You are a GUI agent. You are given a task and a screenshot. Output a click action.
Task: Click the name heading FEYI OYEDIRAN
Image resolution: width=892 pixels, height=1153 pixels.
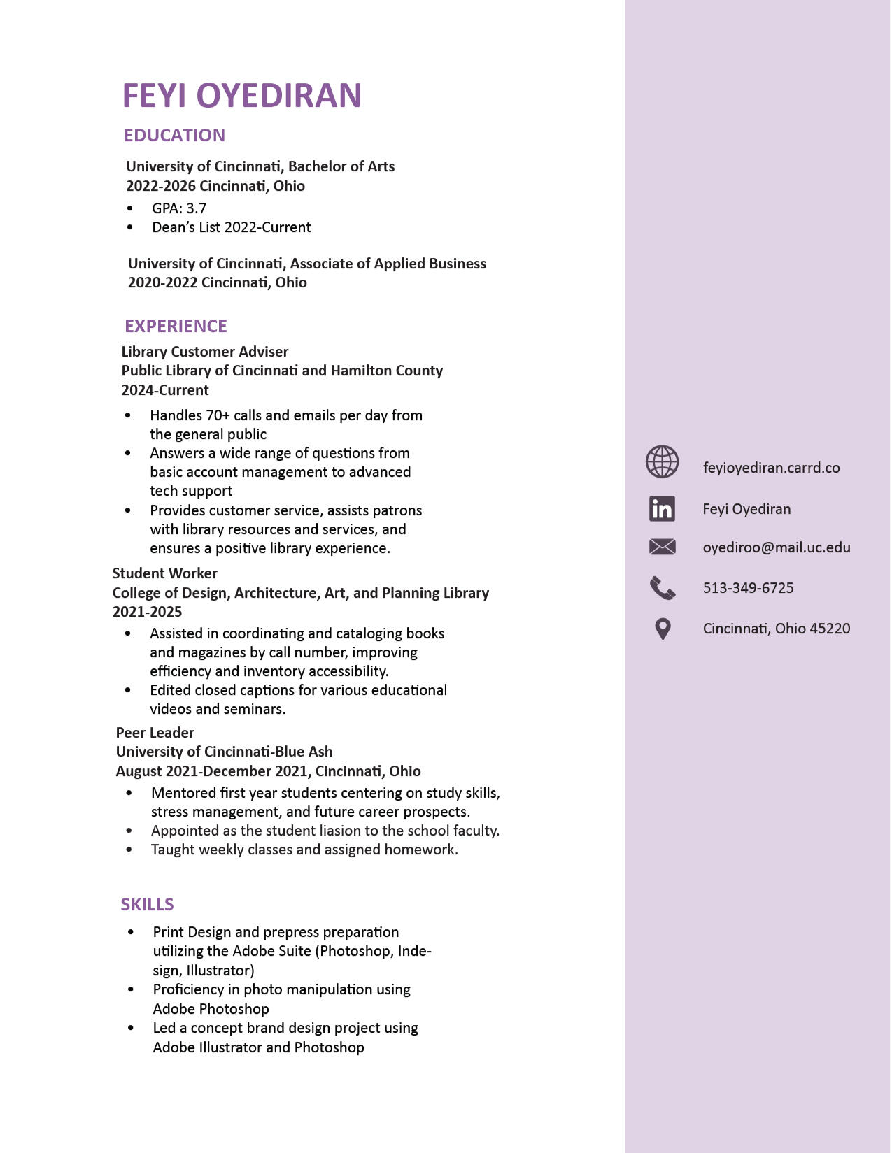coord(242,96)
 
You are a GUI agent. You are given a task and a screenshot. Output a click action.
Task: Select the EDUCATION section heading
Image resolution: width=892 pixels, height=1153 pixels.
coord(174,135)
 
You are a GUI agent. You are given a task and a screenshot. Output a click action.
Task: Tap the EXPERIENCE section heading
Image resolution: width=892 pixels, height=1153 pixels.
coord(176,326)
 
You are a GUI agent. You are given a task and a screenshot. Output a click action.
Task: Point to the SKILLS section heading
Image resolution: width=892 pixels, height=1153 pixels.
coord(147,904)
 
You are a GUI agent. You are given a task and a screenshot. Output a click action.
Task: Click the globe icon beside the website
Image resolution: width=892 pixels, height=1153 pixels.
coord(662,461)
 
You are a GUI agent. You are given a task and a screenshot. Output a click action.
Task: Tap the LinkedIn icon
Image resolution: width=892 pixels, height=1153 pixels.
coord(662,508)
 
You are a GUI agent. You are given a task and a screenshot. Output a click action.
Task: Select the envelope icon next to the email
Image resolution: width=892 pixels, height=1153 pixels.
coord(662,547)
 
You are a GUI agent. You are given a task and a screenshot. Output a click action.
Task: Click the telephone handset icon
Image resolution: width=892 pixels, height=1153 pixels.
coord(662,588)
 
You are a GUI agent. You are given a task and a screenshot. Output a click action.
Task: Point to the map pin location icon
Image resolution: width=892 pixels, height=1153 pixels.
coord(663,629)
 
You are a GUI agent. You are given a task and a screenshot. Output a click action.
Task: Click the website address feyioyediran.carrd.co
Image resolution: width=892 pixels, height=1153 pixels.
coord(771,468)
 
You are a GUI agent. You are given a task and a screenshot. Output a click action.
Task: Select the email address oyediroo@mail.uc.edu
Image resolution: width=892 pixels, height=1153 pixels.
coord(777,547)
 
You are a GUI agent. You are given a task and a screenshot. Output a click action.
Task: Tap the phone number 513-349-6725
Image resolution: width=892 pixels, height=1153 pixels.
coord(748,588)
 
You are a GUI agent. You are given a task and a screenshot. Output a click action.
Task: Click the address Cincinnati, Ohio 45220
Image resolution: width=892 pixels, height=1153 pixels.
coord(777,629)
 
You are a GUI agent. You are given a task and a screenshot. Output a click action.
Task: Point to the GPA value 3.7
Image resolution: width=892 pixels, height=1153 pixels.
coord(197,208)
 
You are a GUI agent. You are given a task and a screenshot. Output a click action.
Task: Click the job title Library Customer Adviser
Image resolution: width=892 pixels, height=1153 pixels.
coord(205,352)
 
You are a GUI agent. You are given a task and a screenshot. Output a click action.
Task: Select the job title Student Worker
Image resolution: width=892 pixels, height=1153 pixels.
coord(164,573)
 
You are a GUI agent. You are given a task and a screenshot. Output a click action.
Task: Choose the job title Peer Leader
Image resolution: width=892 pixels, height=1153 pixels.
coord(155,733)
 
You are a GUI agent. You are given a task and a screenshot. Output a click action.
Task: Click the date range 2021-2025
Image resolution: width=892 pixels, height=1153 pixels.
coord(147,612)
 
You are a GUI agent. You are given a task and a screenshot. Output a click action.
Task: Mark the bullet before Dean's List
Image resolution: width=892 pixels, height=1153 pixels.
coord(129,227)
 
